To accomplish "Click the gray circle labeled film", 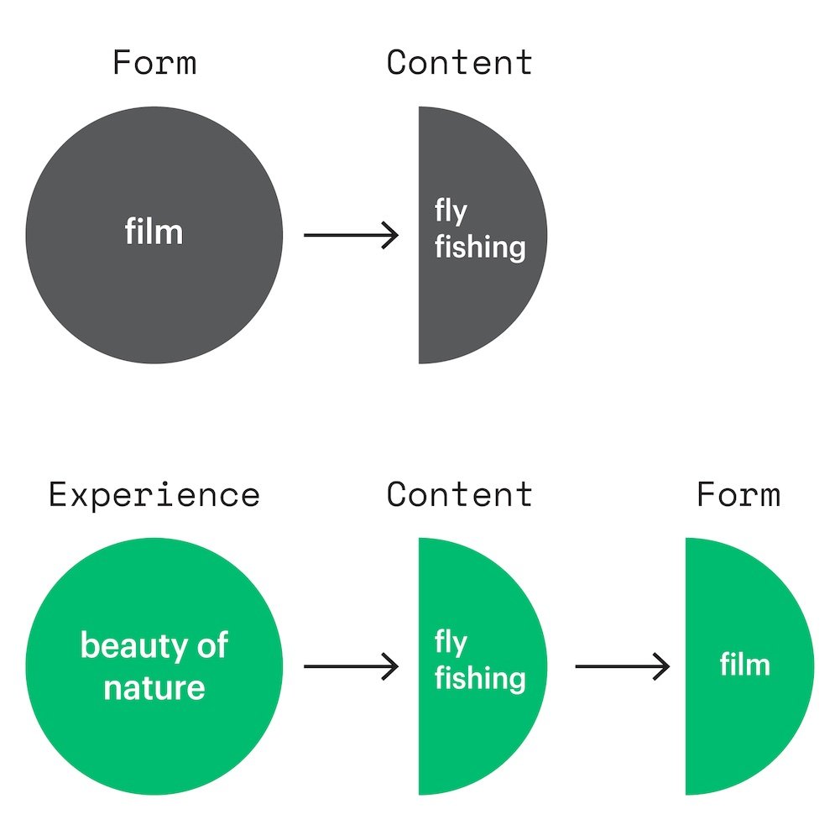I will (154, 277).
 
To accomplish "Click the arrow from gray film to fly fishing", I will (351, 235).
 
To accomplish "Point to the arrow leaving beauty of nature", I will (351, 667).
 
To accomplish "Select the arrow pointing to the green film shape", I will (622, 667).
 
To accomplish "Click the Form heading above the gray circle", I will (154, 63).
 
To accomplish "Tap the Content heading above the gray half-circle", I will (459, 63).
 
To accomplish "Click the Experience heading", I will (154, 494).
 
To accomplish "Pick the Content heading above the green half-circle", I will (459, 494).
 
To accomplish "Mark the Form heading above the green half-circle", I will (738, 494).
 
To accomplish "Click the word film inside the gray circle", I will (154, 232).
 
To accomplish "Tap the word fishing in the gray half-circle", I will (480, 248).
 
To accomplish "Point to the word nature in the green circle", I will (154, 688).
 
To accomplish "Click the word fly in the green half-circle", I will (451, 644).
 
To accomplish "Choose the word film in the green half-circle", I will (745, 665).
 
